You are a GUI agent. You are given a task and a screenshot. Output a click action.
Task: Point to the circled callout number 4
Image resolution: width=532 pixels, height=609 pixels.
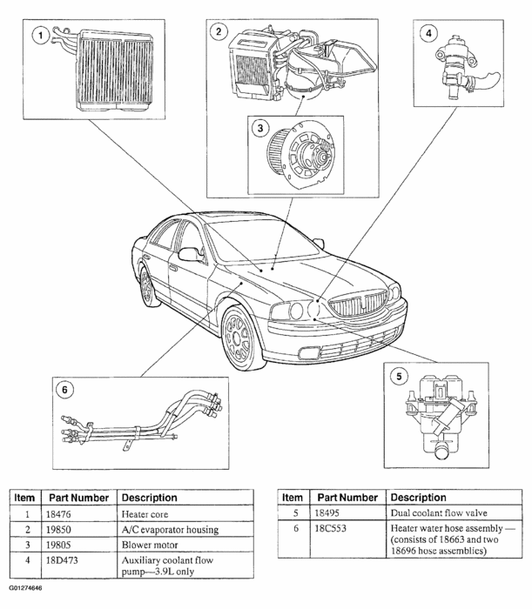pyautogui.click(x=428, y=34)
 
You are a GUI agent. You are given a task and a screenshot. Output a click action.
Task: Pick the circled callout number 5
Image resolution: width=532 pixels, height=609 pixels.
pyautogui.click(x=397, y=377)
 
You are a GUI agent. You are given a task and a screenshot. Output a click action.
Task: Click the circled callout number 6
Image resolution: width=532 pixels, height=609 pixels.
pyautogui.click(x=65, y=389)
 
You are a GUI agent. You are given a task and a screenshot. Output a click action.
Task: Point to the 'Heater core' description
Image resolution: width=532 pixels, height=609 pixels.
pyautogui.click(x=145, y=514)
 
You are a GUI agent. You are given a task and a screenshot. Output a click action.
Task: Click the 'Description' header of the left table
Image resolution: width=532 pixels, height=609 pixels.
pyautogui.click(x=149, y=498)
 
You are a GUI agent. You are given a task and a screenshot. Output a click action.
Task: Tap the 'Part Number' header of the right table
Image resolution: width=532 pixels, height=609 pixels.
pyautogui.click(x=346, y=498)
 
